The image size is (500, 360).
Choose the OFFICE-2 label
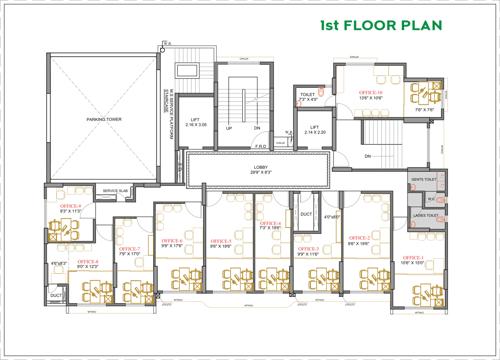click(360, 238)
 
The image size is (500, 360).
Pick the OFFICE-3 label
click(308, 247)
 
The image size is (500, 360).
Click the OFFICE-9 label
click(71, 207)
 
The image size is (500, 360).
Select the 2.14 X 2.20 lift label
click(314, 130)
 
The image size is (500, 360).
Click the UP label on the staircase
click(229, 128)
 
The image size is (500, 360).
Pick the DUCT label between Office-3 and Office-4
click(305, 213)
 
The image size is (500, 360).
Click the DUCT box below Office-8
click(57, 296)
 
